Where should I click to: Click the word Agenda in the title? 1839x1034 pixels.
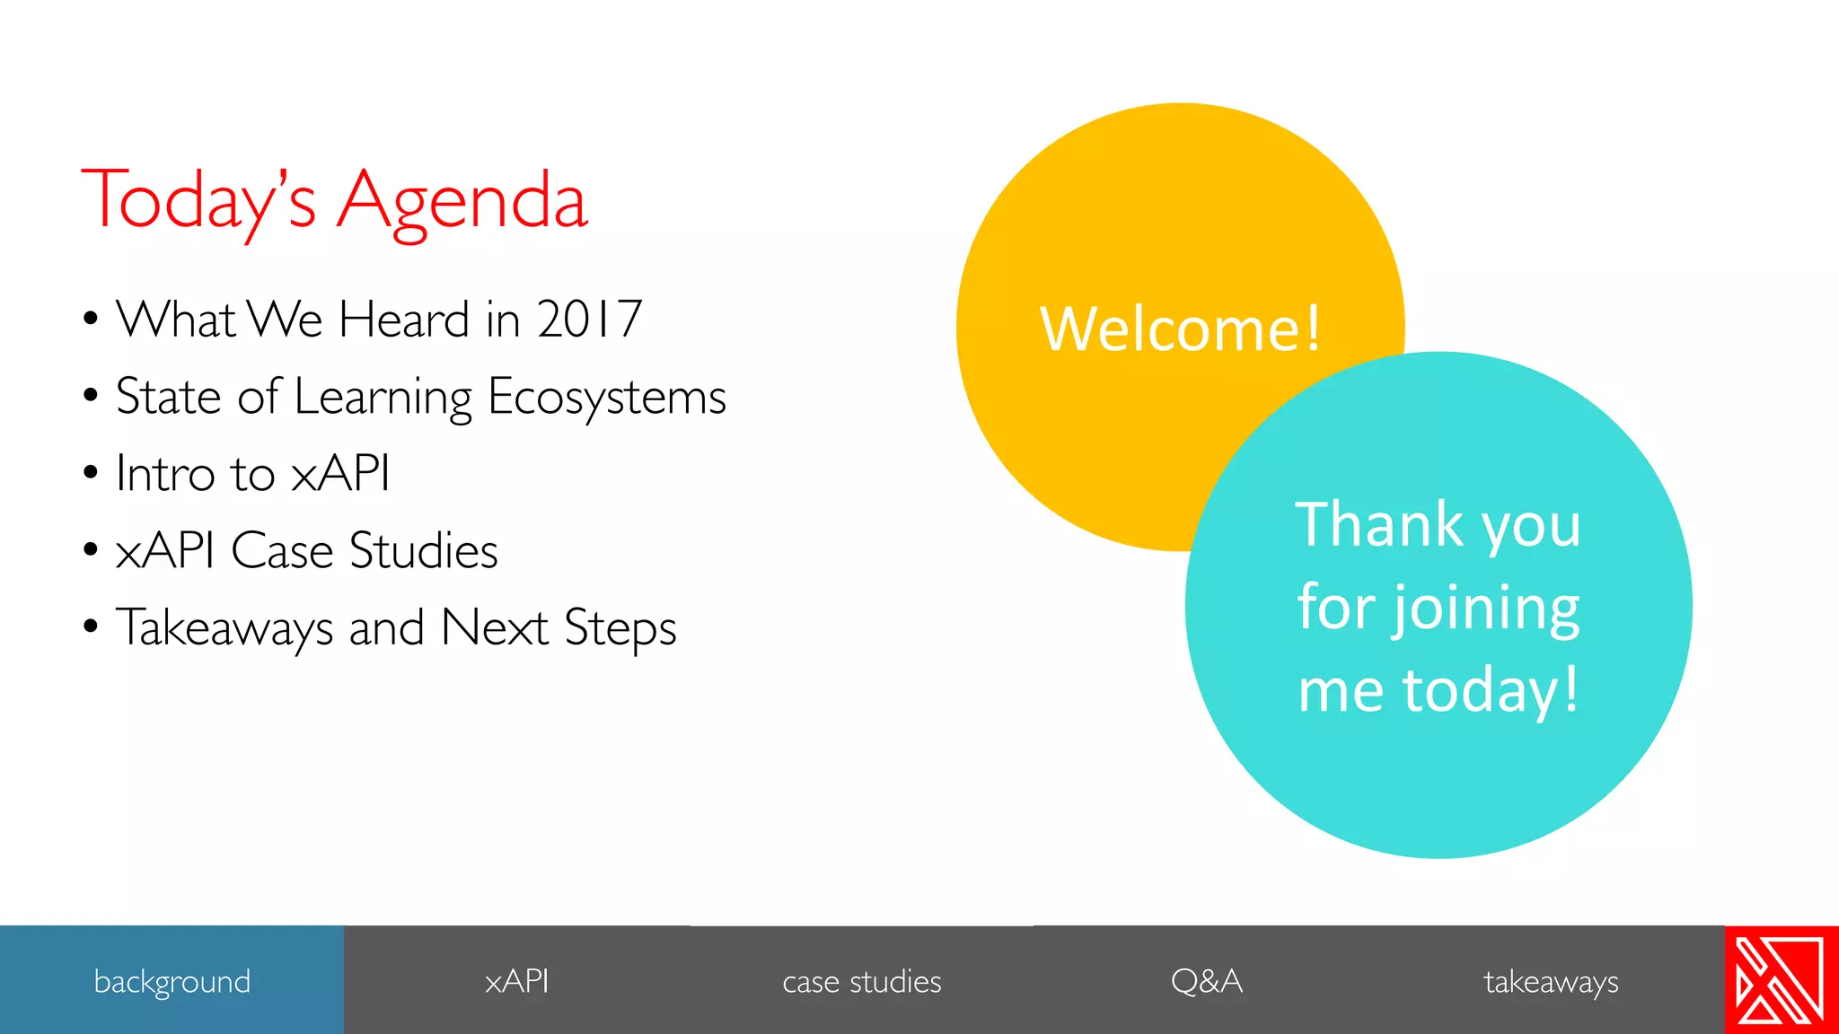(462, 202)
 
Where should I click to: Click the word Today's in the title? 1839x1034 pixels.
(199, 202)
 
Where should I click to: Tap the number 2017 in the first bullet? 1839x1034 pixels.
(589, 320)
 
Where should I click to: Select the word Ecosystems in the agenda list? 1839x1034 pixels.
(606, 397)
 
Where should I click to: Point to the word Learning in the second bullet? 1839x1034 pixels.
(383, 397)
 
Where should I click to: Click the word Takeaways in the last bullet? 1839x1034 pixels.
(224, 627)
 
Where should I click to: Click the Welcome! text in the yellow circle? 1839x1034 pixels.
(1180, 329)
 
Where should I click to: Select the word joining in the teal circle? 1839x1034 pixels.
(1486, 608)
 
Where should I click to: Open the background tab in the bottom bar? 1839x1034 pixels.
(172, 981)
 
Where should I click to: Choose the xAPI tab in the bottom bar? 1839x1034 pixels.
(516, 981)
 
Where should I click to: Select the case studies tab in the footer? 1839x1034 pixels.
(861, 981)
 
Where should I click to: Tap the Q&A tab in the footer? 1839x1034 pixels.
(1206, 981)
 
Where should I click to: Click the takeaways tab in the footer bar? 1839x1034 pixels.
(1551, 981)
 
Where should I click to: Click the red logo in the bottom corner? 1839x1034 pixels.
(1781, 980)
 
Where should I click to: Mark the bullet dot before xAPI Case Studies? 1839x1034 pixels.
(90, 549)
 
